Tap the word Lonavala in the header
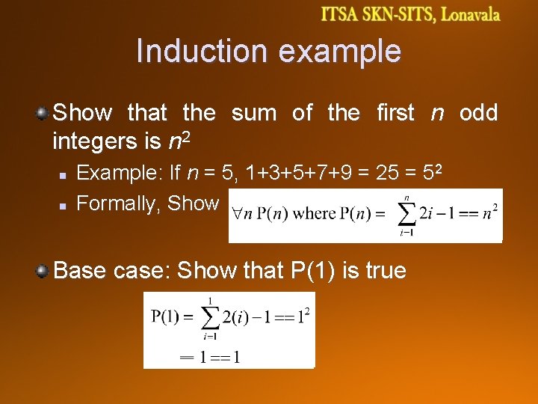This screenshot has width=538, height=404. point(469,15)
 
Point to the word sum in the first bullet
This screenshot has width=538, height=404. point(254,113)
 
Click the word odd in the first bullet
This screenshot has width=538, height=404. point(478,113)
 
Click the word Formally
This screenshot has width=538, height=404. point(119,203)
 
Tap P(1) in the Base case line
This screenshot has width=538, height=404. point(317,270)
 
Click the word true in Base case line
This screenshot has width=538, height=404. point(382,270)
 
